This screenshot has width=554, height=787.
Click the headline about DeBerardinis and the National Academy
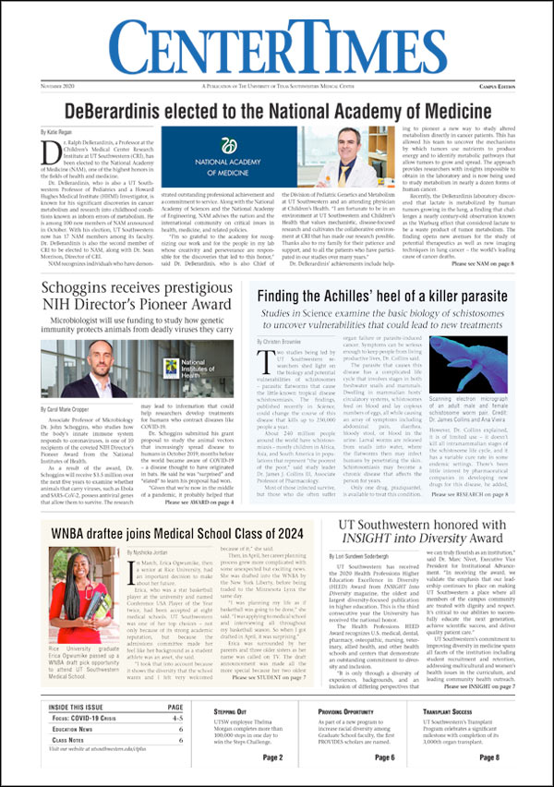coord(276,110)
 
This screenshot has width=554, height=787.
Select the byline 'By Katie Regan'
coord(57,135)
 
